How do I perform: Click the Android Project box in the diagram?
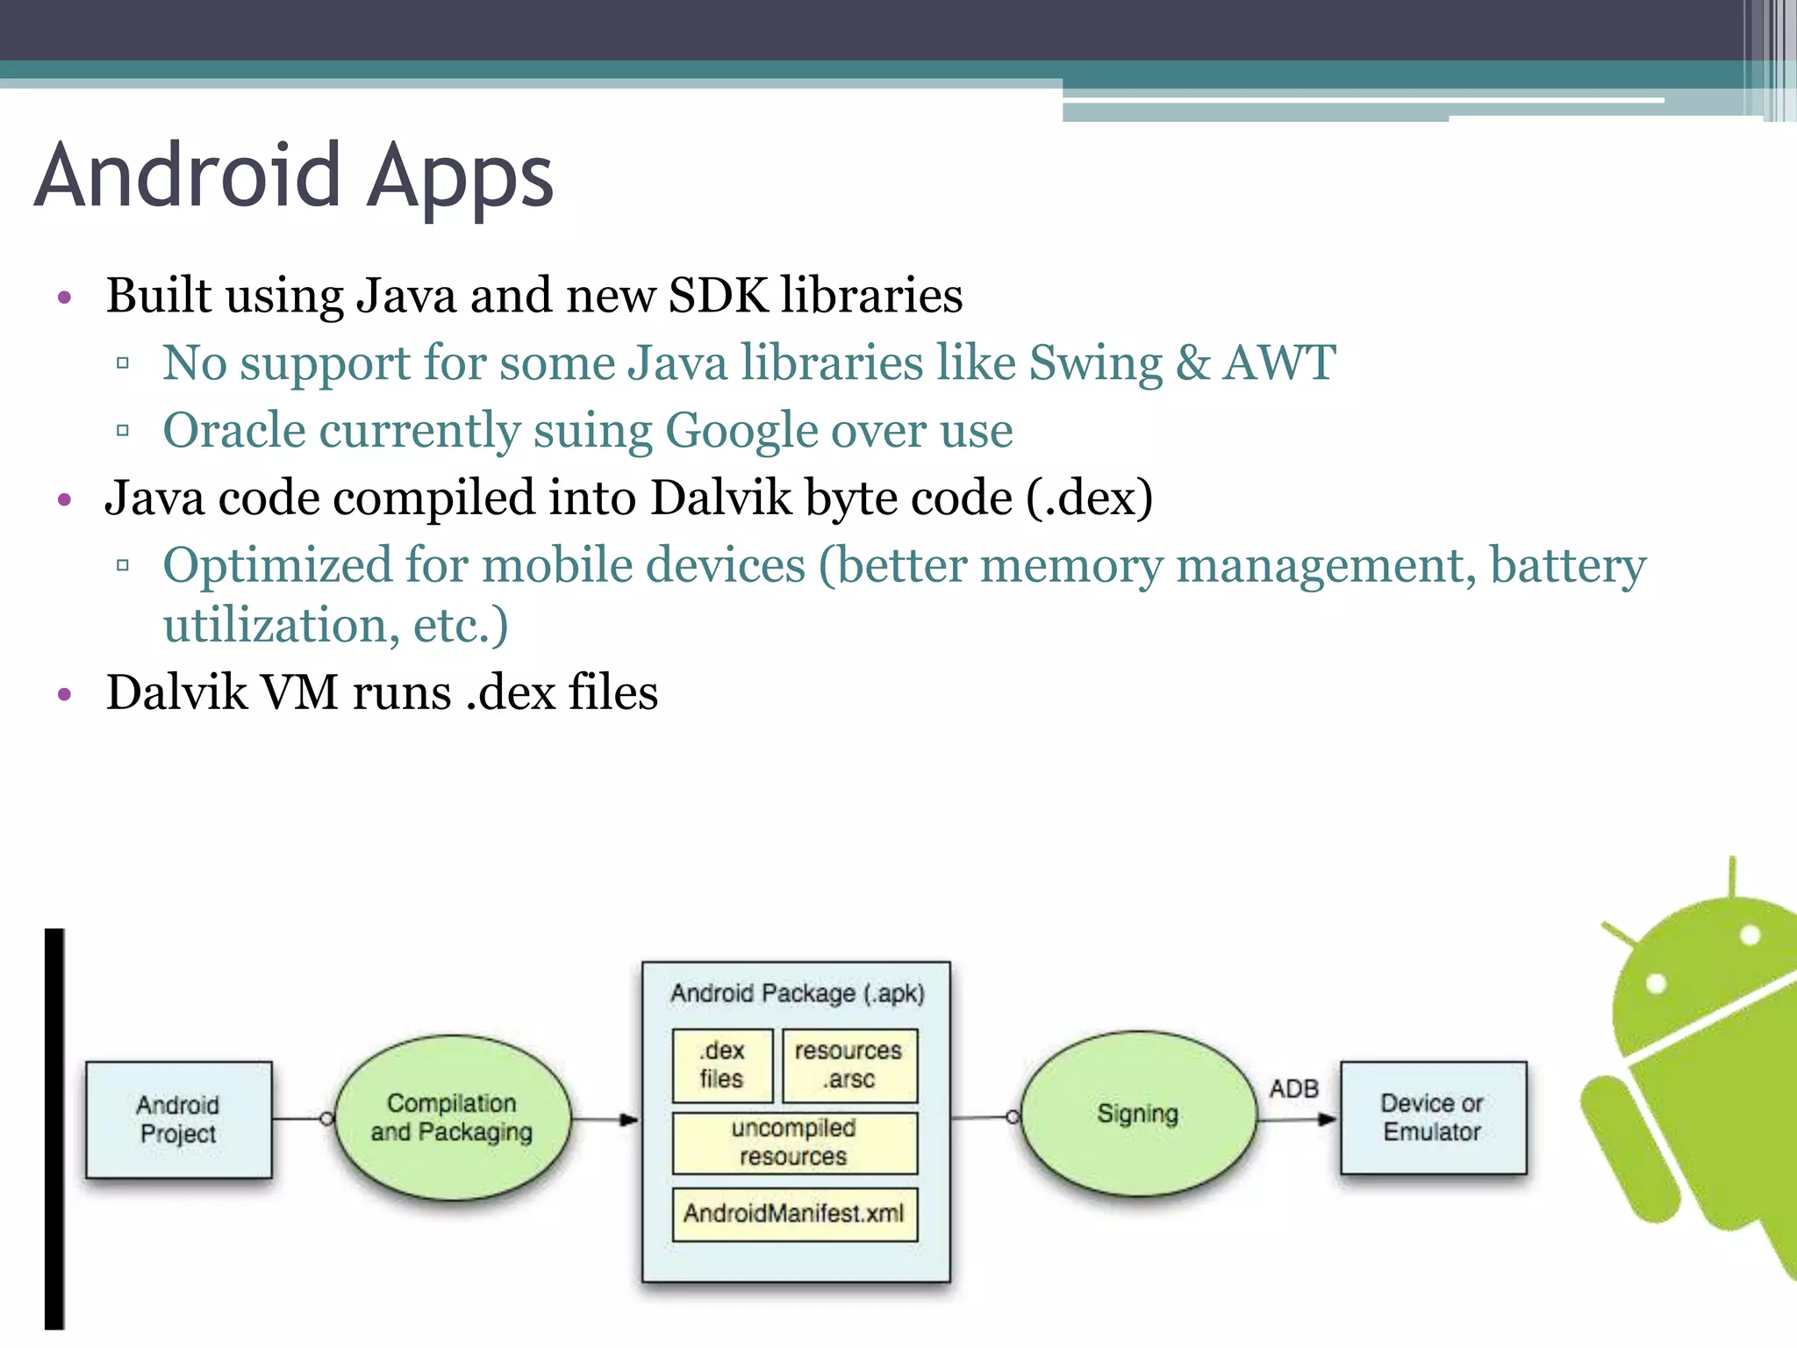click(x=178, y=1119)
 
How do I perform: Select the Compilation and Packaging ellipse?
click(x=452, y=1117)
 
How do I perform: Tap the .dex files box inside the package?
click(x=722, y=1065)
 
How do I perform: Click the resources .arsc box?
click(x=848, y=1065)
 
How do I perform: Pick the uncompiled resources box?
click(x=794, y=1142)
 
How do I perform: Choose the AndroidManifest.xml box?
click(x=794, y=1214)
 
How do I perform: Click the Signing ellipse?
click(x=1138, y=1114)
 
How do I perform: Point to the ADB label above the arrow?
click(x=1293, y=1088)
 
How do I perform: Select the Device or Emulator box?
click(x=1432, y=1117)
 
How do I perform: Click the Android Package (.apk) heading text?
click(x=797, y=993)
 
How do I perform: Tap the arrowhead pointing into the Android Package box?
click(x=628, y=1119)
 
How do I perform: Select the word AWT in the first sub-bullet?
click(x=1279, y=362)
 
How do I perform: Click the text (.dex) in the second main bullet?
click(x=1089, y=498)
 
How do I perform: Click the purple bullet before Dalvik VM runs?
click(x=63, y=695)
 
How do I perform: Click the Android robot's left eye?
click(x=1656, y=983)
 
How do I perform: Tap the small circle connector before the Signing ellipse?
click(x=1013, y=1117)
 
